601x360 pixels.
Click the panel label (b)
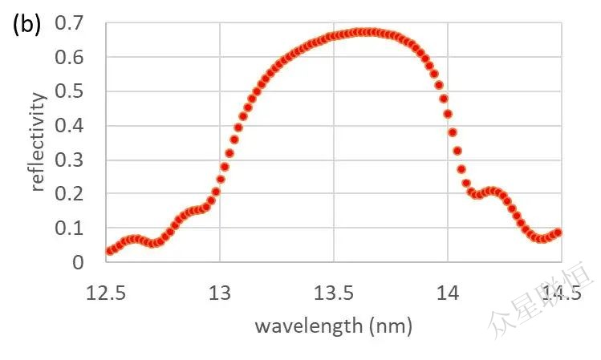pyautogui.click(x=26, y=24)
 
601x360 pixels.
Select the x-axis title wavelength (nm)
pyautogui.click(x=333, y=326)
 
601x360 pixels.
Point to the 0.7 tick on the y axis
pyautogui.click(x=70, y=23)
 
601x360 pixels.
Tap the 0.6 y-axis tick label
pyautogui.click(x=70, y=58)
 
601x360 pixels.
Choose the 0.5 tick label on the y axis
pyautogui.click(x=70, y=91)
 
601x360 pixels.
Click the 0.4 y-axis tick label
pyautogui.click(x=70, y=126)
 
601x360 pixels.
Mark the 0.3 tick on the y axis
pyautogui.click(x=70, y=160)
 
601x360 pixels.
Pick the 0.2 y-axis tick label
pyautogui.click(x=70, y=194)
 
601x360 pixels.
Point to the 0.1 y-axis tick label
pyautogui.click(x=70, y=228)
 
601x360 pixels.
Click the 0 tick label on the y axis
pyautogui.click(x=78, y=262)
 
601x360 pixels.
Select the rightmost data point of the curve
pyautogui.click(x=558, y=233)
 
